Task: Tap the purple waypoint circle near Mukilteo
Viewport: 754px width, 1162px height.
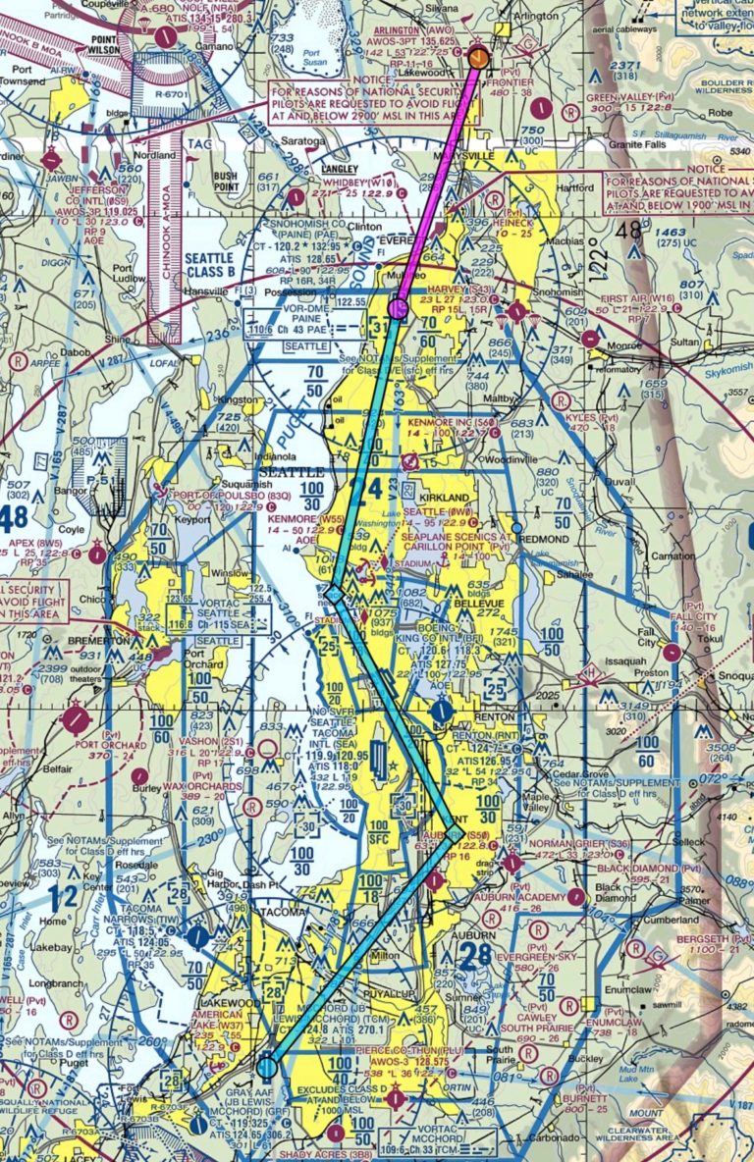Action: pyautogui.click(x=398, y=309)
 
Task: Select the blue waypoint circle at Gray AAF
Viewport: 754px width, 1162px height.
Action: pyautogui.click(x=267, y=1067)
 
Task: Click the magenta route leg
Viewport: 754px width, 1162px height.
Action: pyautogui.click(x=438, y=183)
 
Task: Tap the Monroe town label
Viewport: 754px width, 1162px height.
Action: pyautogui.click(x=623, y=345)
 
